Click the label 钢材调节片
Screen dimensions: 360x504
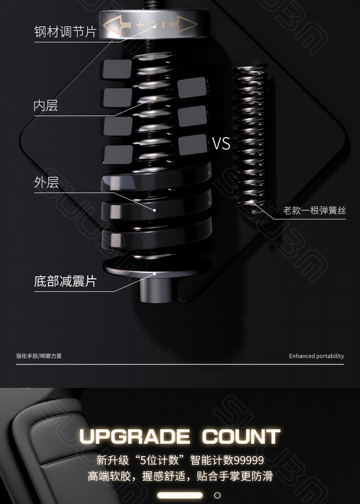coord(65,31)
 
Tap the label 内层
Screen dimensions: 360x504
coord(46,106)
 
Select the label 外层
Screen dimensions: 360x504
coord(46,183)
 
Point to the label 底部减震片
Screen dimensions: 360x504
coord(65,281)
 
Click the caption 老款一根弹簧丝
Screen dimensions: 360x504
coord(314,210)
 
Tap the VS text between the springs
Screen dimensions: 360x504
coord(221,144)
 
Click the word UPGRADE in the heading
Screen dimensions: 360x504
coord(134,437)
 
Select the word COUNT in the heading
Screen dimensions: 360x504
coord(241,437)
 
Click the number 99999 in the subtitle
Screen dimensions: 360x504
coord(248,460)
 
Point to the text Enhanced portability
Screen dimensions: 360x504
coord(316,356)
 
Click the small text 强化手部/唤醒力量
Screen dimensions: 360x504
coord(39,356)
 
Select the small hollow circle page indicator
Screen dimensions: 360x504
coord(217,495)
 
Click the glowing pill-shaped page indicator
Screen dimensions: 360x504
coord(180,495)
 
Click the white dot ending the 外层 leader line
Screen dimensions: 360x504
coord(155,210)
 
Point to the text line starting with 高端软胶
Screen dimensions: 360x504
coord(180,476)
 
